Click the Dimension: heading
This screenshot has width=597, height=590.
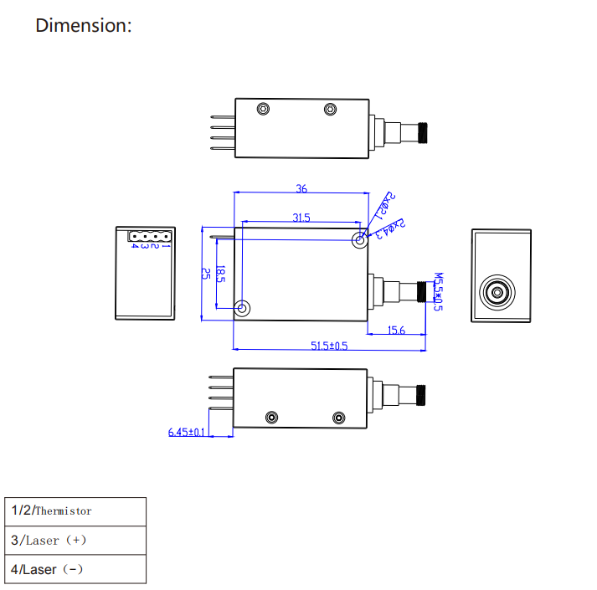pyautogui.click(x=83, y=25)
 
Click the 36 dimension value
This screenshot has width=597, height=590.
pyautogui.click(x=301, y=188)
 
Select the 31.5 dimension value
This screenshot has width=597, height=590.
pyautogui.click(x=301, y=218)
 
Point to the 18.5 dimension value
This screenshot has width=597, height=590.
pyautogui.click(x=220, y=274)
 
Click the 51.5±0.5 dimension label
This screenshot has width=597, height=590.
pyautogui.click(x=329, y=346)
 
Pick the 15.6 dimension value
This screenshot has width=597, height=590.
pyautogui.click(x=396, y=331)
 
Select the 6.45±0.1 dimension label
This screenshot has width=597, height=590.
pyautogui.click(x=187, y=432)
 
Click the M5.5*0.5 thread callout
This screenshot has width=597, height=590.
pyautogui.click(x=436, y=291)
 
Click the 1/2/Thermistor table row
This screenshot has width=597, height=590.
pyautogui.click(x=75, y=510)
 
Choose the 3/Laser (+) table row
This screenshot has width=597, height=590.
pyautogui.click(x=75, y=540)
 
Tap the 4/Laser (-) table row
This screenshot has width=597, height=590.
pyautogui.click(x=75, y=569)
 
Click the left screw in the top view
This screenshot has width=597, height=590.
pyautogui.click(x=263, y=109)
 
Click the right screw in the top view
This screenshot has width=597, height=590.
pyautogui.click(x=330, y=109)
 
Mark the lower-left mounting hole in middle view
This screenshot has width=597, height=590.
pyautogui.click(x=242, y=308)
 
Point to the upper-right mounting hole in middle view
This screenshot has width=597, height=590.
pyautogui.click(x=360, y=241)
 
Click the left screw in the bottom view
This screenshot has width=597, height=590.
pyautogui.click(x=270, y=418)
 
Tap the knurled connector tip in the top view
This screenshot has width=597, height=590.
pyautogui.click(x=424, y=132)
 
